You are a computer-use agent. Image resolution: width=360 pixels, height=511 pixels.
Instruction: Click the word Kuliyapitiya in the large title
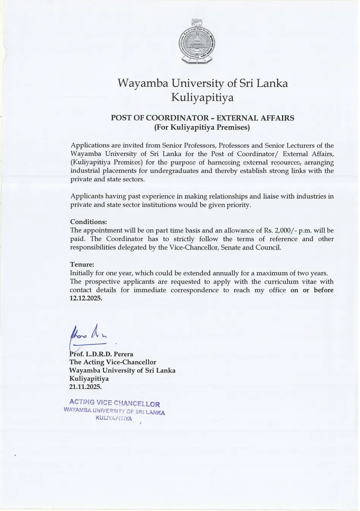click(x=202, y=98)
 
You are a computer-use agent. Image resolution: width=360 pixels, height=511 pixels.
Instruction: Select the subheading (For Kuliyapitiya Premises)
click(x=202, y=127)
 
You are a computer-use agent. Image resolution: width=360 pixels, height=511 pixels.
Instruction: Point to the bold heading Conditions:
click(x=89, y=222)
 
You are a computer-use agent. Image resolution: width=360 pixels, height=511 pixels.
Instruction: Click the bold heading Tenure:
click(x=82, y=264)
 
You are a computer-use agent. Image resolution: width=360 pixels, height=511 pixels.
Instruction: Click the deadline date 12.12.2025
click(x=86, y=299)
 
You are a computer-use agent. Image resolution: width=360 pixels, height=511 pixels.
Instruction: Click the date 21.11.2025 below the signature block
click(x=86, y=387)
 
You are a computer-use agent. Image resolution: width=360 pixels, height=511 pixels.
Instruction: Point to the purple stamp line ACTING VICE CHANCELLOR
click(x=114, y=403)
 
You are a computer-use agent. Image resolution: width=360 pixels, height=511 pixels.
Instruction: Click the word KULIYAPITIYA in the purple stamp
click(x=114, y=418)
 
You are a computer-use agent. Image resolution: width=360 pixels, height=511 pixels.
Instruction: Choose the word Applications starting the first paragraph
click(x=90, y=146)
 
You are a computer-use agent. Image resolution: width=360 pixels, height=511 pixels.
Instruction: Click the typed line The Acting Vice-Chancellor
click(x=113, y=362)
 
